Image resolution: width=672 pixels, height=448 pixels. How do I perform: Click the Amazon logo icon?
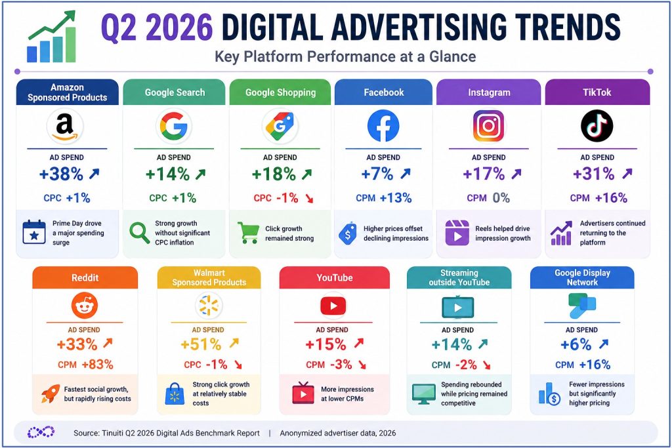coord(65,127)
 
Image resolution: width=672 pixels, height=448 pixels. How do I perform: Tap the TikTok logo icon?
coord(597,126)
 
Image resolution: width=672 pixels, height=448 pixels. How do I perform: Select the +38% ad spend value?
coord(61,174)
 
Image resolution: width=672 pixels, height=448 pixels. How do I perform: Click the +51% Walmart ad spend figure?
coord(201,344)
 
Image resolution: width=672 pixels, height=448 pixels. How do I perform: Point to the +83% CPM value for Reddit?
coord(98,365)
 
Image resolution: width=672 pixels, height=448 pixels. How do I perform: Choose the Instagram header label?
coord(489,92)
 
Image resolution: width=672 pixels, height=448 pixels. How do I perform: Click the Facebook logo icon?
coord(383,126)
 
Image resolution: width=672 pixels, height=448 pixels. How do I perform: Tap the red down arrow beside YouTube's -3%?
coord(362,365)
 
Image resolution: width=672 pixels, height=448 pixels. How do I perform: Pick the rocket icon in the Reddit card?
coord(50,393)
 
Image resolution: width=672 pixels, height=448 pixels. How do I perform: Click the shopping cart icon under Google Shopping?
coord(248,233)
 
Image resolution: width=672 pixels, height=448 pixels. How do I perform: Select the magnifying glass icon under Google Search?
coord(139,233)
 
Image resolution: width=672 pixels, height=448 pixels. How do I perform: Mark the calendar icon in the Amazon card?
coord(34,232)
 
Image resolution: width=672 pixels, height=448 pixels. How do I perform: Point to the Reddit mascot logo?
coord(85,306)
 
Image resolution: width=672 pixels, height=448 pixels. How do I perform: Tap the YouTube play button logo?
coord(333,306)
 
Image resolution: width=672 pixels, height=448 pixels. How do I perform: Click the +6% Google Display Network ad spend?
coord(576,344)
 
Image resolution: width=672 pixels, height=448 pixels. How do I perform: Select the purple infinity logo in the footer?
coord(41,432)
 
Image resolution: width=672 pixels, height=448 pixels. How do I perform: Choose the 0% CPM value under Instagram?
coord(501,198)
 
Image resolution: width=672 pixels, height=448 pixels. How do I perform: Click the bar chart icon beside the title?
coord(51,37)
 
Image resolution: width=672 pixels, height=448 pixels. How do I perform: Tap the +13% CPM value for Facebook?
coord(396,198)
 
